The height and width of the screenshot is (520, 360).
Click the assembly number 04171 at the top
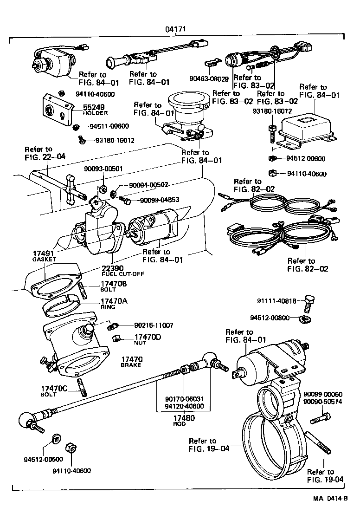(176, 29)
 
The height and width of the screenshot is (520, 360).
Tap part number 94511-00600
(109, 126)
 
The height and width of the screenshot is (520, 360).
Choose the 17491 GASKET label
(45, 256)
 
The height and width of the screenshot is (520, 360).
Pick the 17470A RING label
(114, 303)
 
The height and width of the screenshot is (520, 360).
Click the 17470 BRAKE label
(132, 361)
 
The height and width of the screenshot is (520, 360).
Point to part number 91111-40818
(277, 301)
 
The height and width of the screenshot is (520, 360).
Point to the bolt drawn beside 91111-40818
(309, 303)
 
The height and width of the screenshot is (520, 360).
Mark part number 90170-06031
(184, 399)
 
